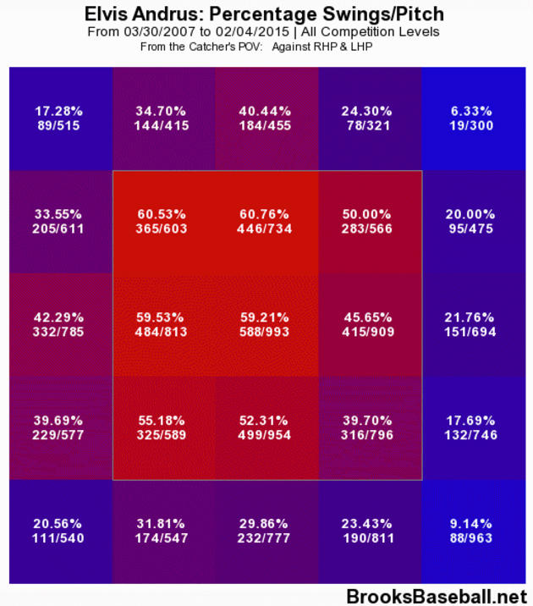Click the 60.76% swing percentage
point(266,215)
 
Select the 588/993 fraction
point(266,332)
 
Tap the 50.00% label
point(369,215)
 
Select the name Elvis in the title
point(110,14)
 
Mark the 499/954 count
point(266,435)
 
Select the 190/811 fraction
point(369,539)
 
